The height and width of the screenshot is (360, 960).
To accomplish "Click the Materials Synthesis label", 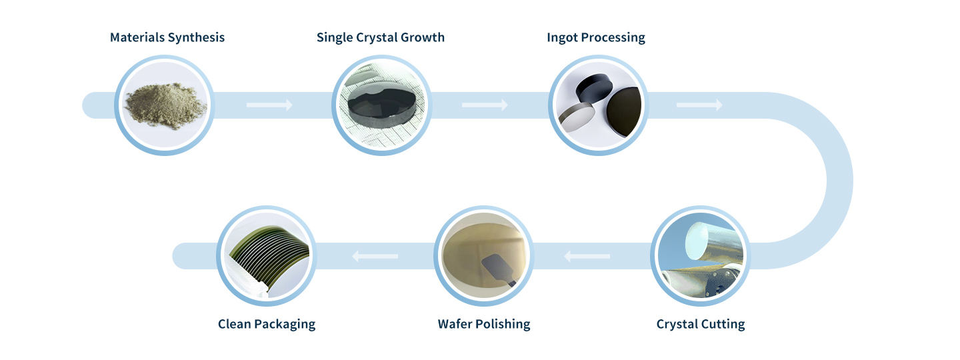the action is [167, 37].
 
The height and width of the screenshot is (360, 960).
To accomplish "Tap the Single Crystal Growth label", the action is [381, 38].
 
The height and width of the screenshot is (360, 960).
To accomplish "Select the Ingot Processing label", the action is [596, 38].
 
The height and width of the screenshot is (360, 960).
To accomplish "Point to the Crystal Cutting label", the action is [700, 324].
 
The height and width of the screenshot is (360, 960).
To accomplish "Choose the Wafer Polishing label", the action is [484, 324].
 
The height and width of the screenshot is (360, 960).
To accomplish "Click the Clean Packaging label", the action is [267, 324].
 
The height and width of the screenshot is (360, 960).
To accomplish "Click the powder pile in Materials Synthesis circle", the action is [165, 106].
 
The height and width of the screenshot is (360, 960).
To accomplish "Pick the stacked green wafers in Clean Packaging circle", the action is [270, 257].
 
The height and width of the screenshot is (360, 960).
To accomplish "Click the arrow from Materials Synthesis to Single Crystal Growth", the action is [269, 105].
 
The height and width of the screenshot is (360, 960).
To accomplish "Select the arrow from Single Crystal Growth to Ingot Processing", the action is [485, 105].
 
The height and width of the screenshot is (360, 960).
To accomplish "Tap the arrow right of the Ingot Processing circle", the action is [699, 105].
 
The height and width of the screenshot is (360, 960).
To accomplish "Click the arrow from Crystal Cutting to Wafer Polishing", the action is [587, 256].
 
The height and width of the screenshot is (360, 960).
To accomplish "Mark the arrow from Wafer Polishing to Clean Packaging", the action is [375, 256].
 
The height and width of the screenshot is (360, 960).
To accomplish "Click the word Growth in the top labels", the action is [423, 37].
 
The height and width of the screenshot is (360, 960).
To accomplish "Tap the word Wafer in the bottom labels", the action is [455, 324].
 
